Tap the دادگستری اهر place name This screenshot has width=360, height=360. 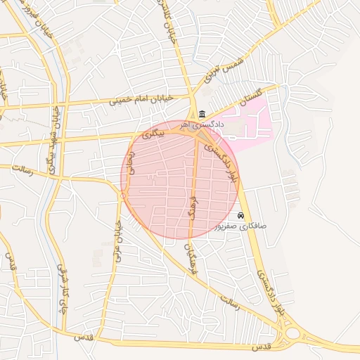point(205,124)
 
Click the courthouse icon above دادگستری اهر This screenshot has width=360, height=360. point(202,114)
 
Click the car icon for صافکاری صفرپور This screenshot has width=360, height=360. point(241,215)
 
